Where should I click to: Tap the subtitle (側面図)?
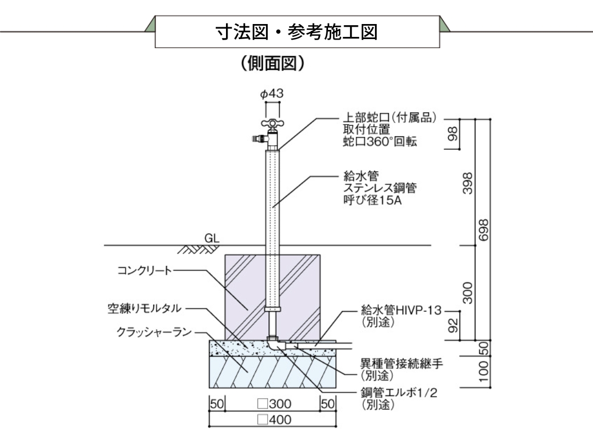[x=272, y=65]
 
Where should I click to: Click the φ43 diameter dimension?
[x=272, y=94]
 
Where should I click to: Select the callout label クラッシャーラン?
[x=154, y=332]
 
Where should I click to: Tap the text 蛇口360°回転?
[x=380, y=141]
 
